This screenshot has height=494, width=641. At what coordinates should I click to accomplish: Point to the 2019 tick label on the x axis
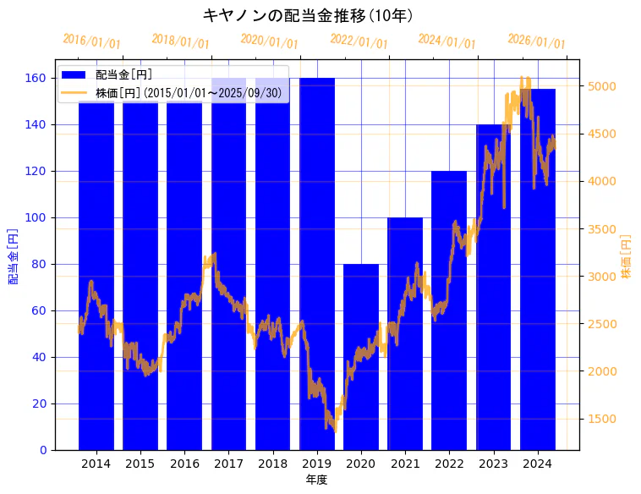pyautogui.click(x=316, y=464)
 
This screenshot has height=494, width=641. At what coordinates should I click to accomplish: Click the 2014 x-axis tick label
pyautogui.click(x=96, y=464)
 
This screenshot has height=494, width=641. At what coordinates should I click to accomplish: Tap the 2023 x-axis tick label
pyautogui.click(x=493, y=464)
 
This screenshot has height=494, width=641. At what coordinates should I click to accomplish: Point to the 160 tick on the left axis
pyautogui.click(x=35, y=79)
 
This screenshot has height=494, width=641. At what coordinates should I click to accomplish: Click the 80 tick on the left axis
pyautogui.click(x=38, y=264)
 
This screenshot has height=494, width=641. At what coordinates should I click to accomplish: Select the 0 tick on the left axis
pyautogui.click(x=43, y=450)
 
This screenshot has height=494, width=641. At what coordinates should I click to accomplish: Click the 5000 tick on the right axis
pyautogui.click(x=602, y=86)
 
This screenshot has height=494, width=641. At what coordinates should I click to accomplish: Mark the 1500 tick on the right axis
pyautogui.click(x=602, y=419)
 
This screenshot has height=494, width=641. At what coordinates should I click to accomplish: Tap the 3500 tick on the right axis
pyautogui.click(x=602, y=229)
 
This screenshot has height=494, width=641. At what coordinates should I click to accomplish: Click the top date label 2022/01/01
pyautogui.click(x=359, y=41)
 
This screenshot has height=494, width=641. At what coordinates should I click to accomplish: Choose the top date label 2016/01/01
pyautogui.click(x=91, y=41)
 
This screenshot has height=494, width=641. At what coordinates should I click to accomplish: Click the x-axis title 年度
pyautogui.click(x=316, y=480)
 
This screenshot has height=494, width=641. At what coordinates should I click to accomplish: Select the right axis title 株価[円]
pyautogui.click(x=627, y=256)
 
